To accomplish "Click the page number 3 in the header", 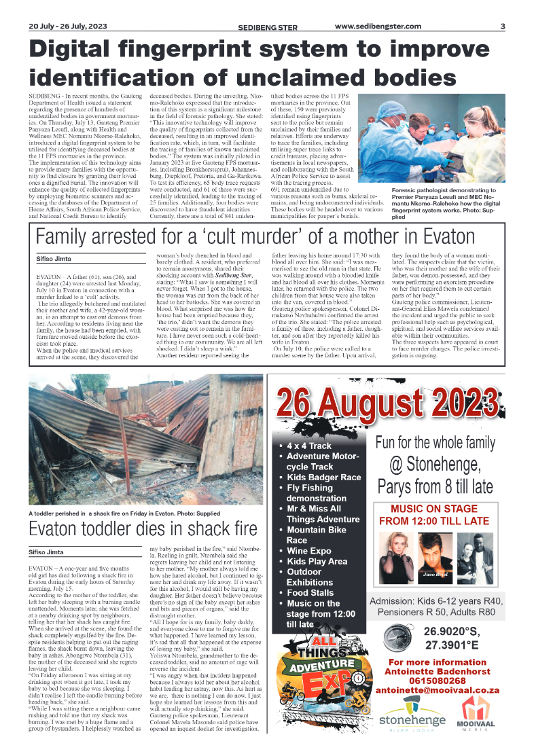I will point(502,26).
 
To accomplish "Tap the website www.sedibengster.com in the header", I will point(379,26).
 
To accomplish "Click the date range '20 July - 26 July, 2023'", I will point(68,26).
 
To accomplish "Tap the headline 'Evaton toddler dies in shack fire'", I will point(143,529).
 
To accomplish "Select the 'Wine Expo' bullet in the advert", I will point(309,551).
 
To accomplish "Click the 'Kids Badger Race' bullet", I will point(324,478).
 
